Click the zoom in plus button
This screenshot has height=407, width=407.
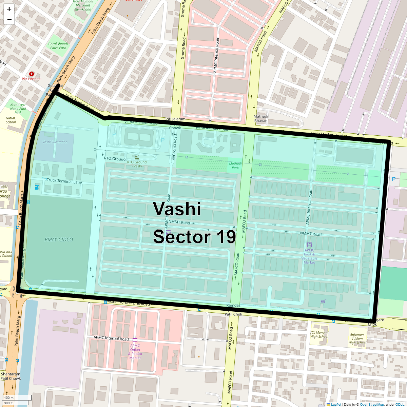point(9,9)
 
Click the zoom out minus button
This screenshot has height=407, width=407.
point(9,19)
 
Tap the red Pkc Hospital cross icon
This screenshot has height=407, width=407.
point(32,74)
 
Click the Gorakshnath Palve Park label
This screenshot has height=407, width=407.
point(58,46)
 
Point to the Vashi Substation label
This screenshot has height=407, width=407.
point(55,142)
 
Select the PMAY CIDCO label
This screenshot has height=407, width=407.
point(59,239)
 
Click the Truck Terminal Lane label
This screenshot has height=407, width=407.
point(64,181)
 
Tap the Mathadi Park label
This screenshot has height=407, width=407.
point(235,166)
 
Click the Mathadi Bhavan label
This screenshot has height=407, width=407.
point(261,118)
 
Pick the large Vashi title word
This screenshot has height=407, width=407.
point(177,209)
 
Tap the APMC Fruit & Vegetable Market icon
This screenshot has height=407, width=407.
point(309,245)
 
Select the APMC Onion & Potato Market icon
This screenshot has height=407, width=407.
point(135,340)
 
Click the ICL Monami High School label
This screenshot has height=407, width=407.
point(319,334)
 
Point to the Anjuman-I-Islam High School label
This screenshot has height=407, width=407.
point(357,338)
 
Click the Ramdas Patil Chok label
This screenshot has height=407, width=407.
point(233,310)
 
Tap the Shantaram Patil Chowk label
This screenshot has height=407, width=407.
point(11,376)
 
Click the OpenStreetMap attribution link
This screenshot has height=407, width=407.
point(372,404)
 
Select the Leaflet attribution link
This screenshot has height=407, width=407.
point(336,404)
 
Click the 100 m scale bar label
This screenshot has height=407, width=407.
point(9,398)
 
